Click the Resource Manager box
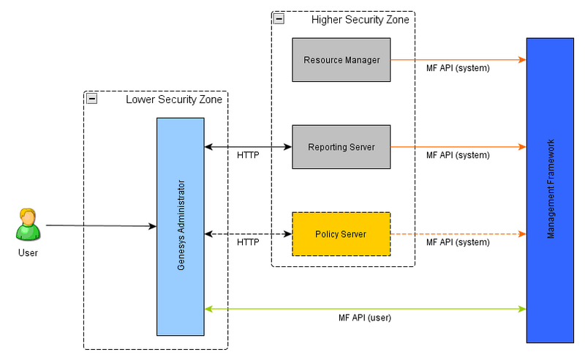pyautogui.click(x=341, y=59)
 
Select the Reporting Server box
pyautogui.click(x=341, y=146)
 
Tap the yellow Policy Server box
pyautogui.click(x=341, y=233)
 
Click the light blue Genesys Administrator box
pyautogui.click(x=181, y=226)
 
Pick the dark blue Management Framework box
pyautogui.click(x=550, y=190)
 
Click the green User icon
pyautogui.click(x=28, y=225)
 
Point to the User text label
pyautogui.click(x=28, y=253)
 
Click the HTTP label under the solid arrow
pyautogui.click(x=248, y=155)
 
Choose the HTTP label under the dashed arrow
pyautogui.click(x=248, y=242)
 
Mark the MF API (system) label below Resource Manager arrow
pyautogui.click(x=458, y=68)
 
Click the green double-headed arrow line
pyautogui.click(x=366, y=308)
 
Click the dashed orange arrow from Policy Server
pyautogui.click(x=458, y=234)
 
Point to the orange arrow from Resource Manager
pyautogui.click(x=458, y=59)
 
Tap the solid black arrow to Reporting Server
pyautogui.click(x=248, y=147)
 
